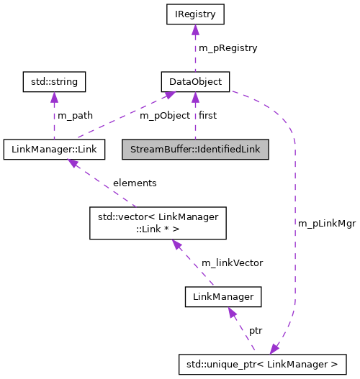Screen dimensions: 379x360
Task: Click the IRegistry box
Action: tap(194, 14)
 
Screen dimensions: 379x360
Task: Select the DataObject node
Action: tap(194, 81)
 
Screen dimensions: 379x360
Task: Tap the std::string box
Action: tap(55, 81)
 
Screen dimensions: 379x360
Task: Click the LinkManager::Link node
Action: tap(55, 149)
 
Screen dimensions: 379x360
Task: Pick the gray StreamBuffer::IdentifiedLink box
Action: tap(194, 149)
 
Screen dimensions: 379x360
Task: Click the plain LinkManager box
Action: tap(222, 295)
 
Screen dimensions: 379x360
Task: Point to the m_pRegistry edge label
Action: tap(228, 47)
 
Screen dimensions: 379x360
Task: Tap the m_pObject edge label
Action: tap(164, 115)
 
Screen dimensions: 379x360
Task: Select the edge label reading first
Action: tap(207, 115)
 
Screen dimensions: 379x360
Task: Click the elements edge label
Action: tap(135, 183)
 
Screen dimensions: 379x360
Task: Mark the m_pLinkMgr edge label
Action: tap(326, 223)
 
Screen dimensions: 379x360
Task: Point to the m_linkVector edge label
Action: tap(232, 262)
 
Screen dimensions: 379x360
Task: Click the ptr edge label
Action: tap(256, 330)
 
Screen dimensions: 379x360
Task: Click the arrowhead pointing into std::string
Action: tap(55, 96)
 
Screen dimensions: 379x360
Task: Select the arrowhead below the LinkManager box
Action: tap(231, 311)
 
